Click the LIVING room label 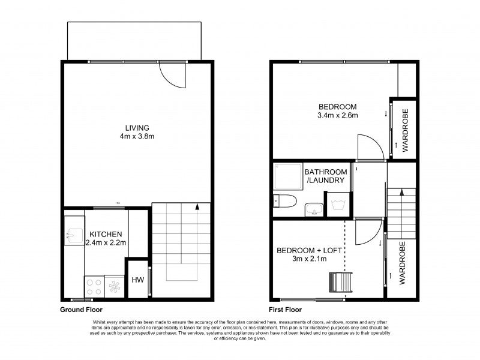(137, 128)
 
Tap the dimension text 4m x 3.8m (137, 136)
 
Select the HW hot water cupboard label (137, 280)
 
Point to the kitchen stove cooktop (94, 286)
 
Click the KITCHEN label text (106, 234)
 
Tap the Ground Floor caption (81, 310)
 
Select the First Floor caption (285, 310)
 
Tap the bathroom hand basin (313, 209)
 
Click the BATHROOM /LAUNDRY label (325, 176)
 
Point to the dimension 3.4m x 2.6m (338, 116)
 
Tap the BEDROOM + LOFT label (309, 250)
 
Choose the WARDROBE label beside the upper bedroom (406, 130)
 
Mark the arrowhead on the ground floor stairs (197, 208)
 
